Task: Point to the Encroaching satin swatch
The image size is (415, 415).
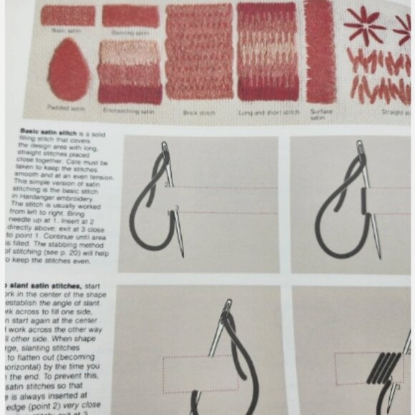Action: click(130, 72)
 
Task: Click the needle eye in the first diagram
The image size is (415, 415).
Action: click(167, 149)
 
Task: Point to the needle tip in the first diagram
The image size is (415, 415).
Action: click(182, 255)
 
